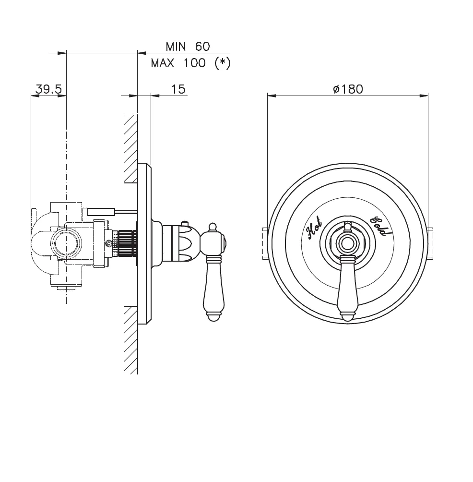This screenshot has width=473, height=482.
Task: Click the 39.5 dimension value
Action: tap(48, 89)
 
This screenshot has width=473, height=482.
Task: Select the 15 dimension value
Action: tap(178, 89)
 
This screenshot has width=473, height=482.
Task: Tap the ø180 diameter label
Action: tap(348, 89)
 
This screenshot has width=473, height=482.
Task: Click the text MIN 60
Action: tap(188, 47)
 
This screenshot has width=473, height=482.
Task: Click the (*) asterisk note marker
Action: tap(222, 63)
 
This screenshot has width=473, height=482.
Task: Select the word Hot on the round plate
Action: tap(314, 228)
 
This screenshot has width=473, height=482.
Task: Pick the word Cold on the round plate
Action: tap(378, 227)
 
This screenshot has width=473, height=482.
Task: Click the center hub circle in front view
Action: tap(347, 242)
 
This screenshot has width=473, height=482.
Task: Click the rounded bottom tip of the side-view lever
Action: tap(214, 317)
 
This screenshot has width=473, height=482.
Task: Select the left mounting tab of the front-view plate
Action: tap(266, 243)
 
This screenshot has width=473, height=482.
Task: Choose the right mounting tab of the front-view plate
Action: tap(430, 243)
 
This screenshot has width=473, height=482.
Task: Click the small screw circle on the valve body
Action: tap(108, 244)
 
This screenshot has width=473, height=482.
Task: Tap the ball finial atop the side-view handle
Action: tap(212, 227)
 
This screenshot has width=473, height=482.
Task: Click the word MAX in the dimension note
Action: tap(163, 63)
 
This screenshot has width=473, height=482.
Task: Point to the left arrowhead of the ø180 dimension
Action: tap(272, 96)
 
